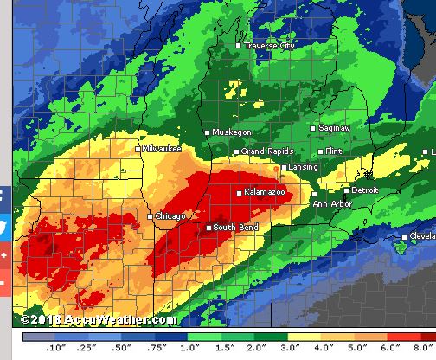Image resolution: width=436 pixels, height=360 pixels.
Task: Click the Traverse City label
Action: click(x=270, y=46)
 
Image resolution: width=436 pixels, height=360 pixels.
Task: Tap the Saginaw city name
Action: click(x=334, y=127)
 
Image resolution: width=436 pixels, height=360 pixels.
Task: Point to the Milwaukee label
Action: click(x=163, y=149)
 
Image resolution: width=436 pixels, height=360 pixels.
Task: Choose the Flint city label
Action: click(x=333, y=151)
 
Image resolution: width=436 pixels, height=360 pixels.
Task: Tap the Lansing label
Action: click(x=304, y=167)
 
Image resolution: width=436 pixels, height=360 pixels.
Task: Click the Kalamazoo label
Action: click(x=266, y=192)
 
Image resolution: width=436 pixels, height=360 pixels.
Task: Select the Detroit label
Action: click(x=364, y=190)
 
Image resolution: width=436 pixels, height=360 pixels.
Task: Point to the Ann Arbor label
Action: click(x=333, y=204)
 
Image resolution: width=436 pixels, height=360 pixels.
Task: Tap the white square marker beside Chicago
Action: click(x=151, y=216)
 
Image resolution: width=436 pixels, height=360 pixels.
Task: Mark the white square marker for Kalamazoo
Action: click(x=240, y=192)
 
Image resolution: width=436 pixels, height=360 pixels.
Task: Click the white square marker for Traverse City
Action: click(x=240, y=45)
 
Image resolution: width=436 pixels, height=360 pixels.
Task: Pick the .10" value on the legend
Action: click(x=56, y=348)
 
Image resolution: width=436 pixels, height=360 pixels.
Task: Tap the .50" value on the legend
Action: click(x=121, y=348)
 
